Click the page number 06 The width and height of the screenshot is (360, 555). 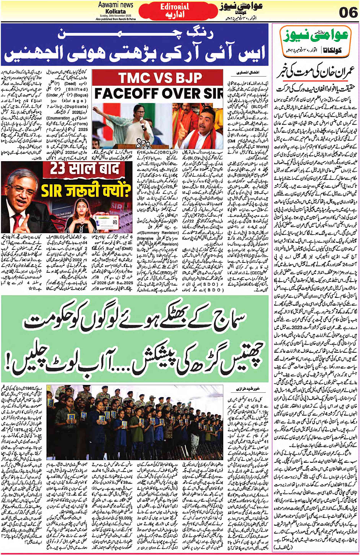click(348, 13)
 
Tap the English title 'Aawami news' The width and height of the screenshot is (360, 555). click(116, 5)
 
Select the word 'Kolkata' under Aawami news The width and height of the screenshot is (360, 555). click(116, 12)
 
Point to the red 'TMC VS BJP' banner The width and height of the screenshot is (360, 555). click(160, 78)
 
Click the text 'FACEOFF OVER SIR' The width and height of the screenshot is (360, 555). click(158, 93)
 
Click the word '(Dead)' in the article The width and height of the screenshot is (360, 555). click(70, 84)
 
